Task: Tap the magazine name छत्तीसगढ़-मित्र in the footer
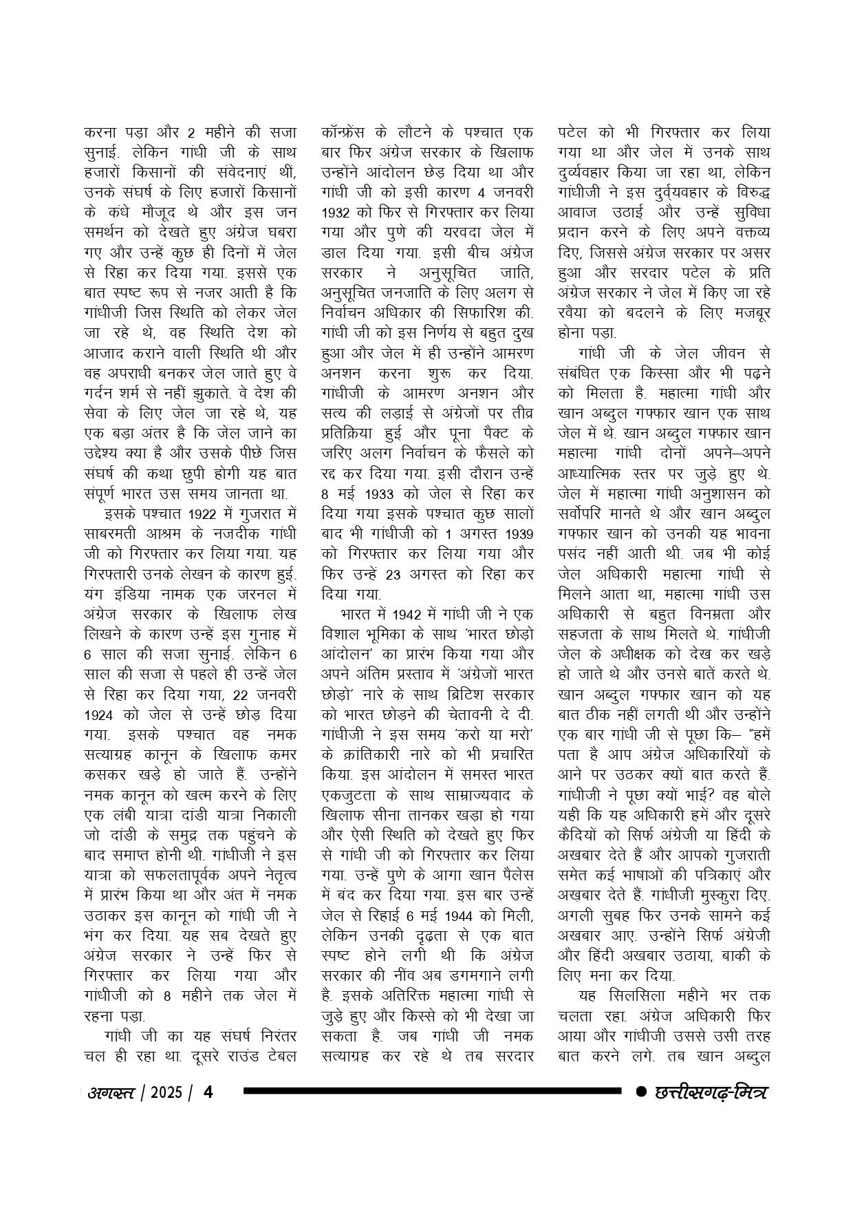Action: [712, 1092]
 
